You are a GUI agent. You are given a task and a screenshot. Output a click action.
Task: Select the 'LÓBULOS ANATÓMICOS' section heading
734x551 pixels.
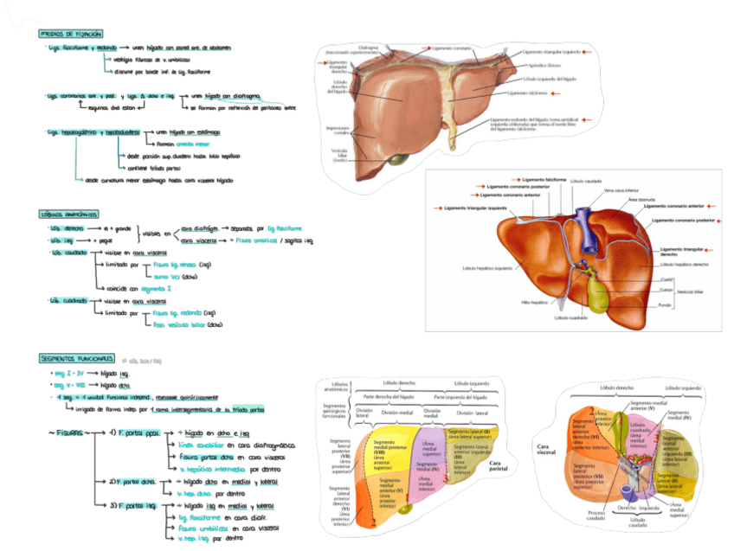tap(69, 213)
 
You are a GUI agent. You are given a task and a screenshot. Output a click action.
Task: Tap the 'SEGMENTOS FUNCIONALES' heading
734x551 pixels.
tap(77, 358)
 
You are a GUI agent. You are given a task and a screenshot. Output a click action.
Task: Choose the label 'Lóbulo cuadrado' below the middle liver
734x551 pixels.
tap(572, 317)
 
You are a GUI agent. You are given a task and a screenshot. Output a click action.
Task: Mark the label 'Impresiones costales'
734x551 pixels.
tap(337, 130)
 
